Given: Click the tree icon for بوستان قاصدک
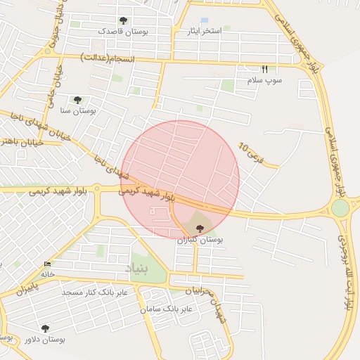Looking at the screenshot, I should tap(124, 21).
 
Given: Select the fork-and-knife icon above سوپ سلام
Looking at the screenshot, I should tap(265, 69).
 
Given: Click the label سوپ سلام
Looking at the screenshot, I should tap(264, 81).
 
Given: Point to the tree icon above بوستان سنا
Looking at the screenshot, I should tap(77, 100).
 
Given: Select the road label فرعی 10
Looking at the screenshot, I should tap(250, 153).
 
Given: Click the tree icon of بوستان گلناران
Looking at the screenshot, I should tap(200, 229).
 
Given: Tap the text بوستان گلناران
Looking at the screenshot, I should tap(199, 240).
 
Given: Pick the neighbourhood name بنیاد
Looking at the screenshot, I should tap(138, 269).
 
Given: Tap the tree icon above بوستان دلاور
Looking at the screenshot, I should tap(45, 328).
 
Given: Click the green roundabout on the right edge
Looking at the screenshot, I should tap(340, 208).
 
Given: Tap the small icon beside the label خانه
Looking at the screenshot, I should tap(47, 264).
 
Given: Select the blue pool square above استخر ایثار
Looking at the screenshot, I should tap(205, 20).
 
